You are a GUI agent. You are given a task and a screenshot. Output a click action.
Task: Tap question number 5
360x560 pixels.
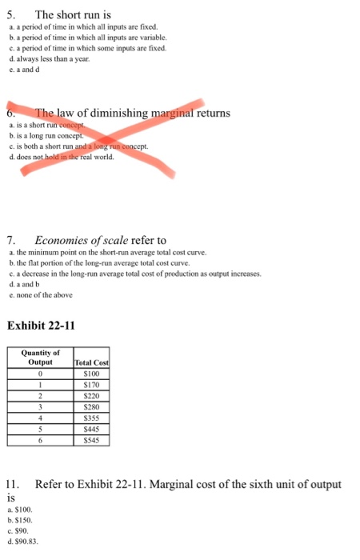click(10, 14)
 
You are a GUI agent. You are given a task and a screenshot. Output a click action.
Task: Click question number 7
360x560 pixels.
click(10, 240)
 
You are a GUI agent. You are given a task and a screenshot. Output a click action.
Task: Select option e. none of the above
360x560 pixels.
click(40, 294)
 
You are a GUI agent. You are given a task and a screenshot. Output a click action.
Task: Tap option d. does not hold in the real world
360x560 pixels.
click(60, 157)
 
